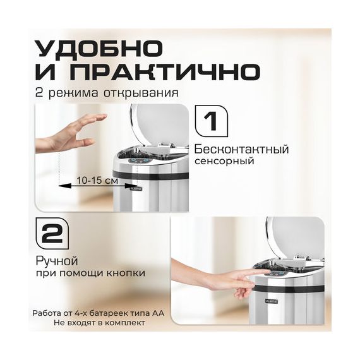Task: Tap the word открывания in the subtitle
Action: click(141, 93)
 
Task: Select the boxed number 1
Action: click(211, 121)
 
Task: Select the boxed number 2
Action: click(52, 234)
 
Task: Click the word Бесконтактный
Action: click(241, 150)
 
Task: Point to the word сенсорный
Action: click(224, 161)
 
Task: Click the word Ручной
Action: click(57, 261)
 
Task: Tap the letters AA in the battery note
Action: click(158, 313)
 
